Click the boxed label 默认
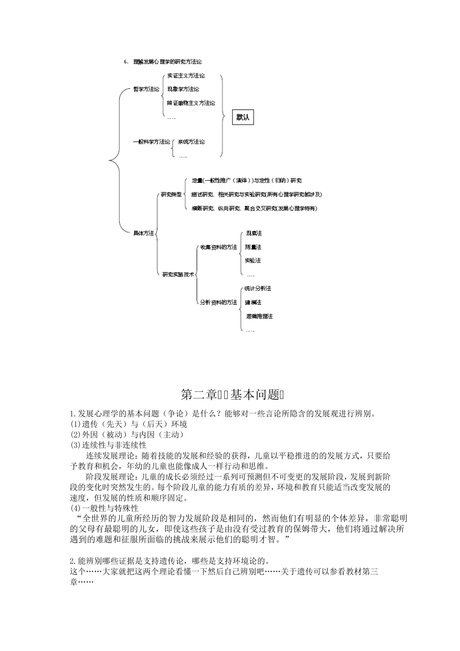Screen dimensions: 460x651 click(x=243, y=117)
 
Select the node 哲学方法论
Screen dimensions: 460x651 click(x=146, y=89)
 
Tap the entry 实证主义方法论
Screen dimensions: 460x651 click(x=186, y=76)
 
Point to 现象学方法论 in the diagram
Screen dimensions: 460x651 click(x=183, y=89)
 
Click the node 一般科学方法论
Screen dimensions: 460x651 click(x=152, y=142)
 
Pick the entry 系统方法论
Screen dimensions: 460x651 click(x=191, y=142)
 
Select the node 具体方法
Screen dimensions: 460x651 click(x=143, y=233)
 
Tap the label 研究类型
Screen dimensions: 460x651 click(x=171, y=194)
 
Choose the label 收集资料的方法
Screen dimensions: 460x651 click(x=219, y=247)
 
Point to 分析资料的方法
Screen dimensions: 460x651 click(x=219, y=302)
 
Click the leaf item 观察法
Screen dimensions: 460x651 click(x=254, y=233)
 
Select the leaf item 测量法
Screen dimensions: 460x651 click(x=253, y=247)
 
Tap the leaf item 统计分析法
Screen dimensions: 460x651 click(x=258, y=289)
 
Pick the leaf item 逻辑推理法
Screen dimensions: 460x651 click(x=260, y=316)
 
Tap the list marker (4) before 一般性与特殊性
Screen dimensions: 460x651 click(x=76, y=508)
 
